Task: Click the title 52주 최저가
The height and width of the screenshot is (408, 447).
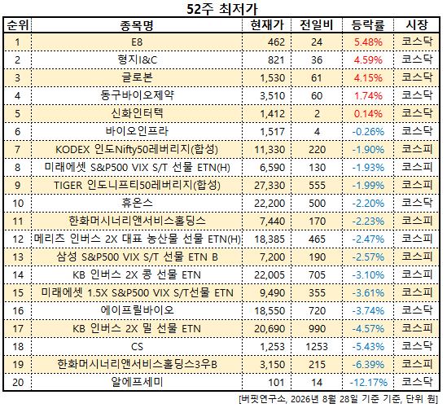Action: tap(222, 9)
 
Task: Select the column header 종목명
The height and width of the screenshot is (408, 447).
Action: tap(137, 25)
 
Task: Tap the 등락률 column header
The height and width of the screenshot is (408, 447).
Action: tap(368, 25)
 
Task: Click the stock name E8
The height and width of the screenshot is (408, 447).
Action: tap(137, 42)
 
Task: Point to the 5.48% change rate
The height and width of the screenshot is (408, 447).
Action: tap(368, 42)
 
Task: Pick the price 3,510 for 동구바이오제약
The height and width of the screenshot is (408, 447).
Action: tap(272, 96)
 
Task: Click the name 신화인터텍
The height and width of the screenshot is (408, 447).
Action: tap(137, 113)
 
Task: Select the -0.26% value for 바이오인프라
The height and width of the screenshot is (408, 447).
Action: tap(368, 132)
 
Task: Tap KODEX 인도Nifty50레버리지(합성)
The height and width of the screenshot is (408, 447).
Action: tap(137, 149)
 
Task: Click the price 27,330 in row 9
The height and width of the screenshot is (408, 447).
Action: tap(270, 186)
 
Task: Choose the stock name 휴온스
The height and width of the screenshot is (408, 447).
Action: tap(137, 203)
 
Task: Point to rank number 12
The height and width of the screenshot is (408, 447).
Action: tap(18, 239)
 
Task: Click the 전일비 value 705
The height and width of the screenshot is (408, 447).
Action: tap(317, 275)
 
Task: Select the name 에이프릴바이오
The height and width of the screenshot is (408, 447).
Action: tap(137, 310)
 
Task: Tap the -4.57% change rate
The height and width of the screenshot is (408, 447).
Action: tap(368, 329)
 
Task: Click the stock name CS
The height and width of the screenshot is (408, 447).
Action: tap(137, 347)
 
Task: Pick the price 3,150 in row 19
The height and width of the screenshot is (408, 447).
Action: tap(272, 365)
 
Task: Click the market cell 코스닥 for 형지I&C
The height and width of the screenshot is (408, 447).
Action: tap(417, 59)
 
